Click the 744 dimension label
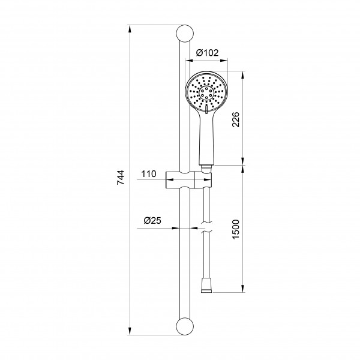[x=121, y=178]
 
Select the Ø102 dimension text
[x=207, y=53]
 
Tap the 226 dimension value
[x=236, y=119]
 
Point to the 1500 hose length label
[x=236, y=229]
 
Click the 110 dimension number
[x=149, y=174]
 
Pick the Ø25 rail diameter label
[x=152, y=221]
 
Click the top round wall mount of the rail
[x=185, y=34]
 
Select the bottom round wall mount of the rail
[x=185, y=326]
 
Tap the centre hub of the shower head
[x=206, y=93]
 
